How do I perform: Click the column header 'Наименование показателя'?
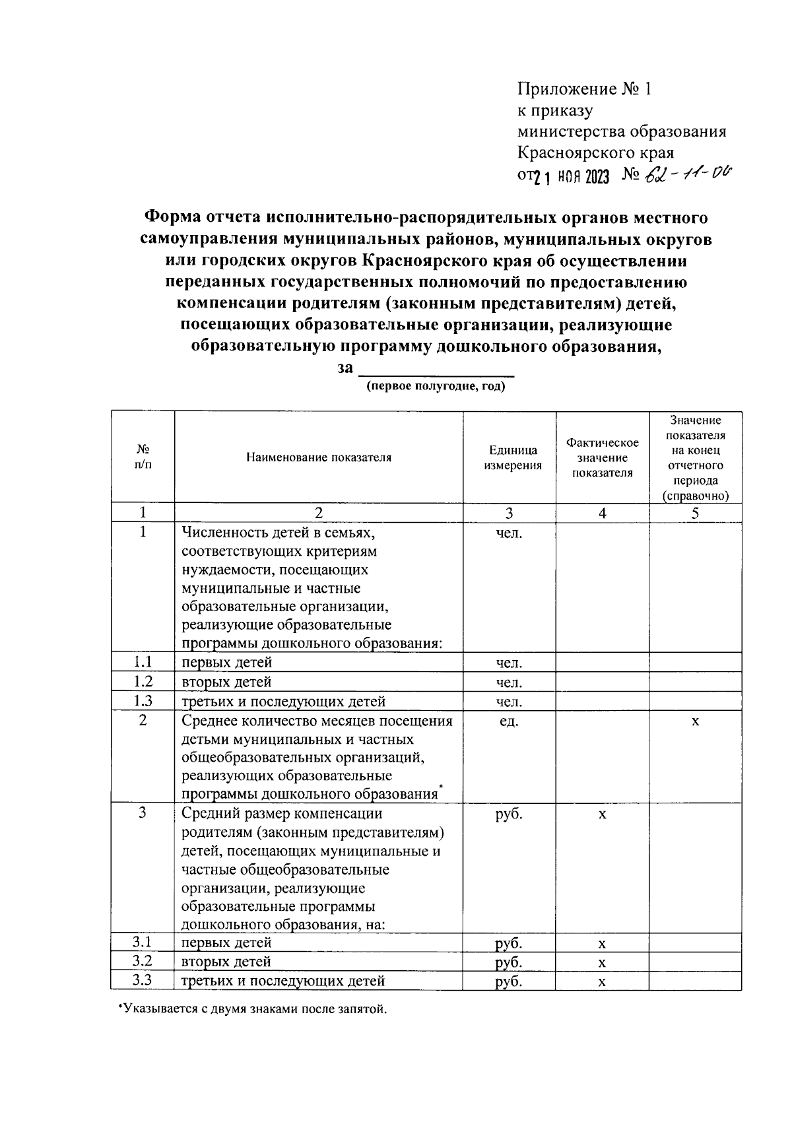click(x=319, y=457)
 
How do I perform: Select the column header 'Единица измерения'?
click(x=513, y=457)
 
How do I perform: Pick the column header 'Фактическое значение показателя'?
click(x=602, y=457)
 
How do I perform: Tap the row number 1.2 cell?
click(x=143, y=681)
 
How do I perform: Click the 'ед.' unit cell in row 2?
click(x=509, y=721)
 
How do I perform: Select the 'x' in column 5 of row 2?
click(x=695, y=721)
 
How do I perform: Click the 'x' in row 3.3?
click(x=602, y=981)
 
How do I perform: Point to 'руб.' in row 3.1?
click(x=509, y=943)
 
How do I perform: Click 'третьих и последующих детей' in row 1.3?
click(x=283, y=702)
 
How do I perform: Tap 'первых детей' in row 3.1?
click(x=226, y=943)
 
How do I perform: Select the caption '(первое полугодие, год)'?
click(x=436, y=387)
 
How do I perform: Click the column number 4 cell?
click(x=602, y=513)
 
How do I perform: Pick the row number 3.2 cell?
click(x=143, y=961)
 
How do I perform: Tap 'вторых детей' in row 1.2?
click(x=226, y=682)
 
